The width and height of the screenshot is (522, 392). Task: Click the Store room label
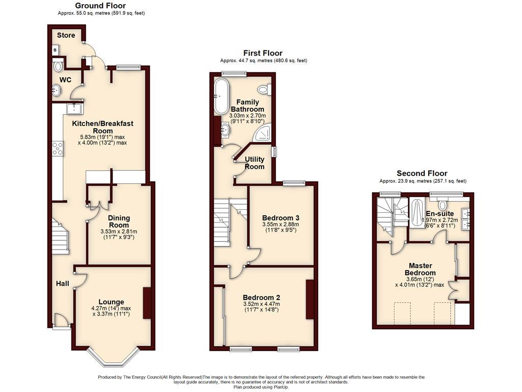pos(66,35)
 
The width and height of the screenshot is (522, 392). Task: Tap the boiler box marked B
pos(55,51)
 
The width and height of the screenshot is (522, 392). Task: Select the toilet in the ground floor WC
pos(58,66)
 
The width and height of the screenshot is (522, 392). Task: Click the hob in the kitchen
pos(58,149)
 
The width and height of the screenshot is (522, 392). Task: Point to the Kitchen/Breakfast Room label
pos(103,127)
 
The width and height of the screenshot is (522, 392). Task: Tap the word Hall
pos(63,284)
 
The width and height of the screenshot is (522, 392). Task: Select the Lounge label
pos(111,302)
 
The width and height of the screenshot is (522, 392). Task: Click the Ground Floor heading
pos(100,6)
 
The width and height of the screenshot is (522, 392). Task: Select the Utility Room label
pos(255,163)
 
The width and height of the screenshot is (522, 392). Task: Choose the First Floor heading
pos(263,53)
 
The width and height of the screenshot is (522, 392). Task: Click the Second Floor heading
pos(422,174)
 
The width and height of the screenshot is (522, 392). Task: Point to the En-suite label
pos(440,214)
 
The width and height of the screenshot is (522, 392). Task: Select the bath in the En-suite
pos(416,213)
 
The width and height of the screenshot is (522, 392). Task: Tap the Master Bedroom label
pos(420,269)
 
